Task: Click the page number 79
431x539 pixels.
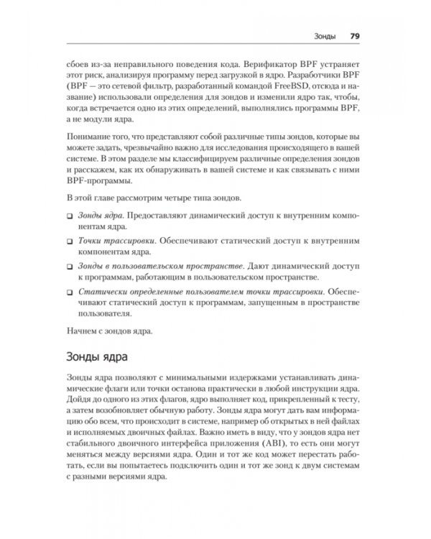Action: tap(354, 36)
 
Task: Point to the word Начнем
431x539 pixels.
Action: tap(83, 331)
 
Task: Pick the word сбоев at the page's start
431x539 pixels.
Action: tap(77, 62)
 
